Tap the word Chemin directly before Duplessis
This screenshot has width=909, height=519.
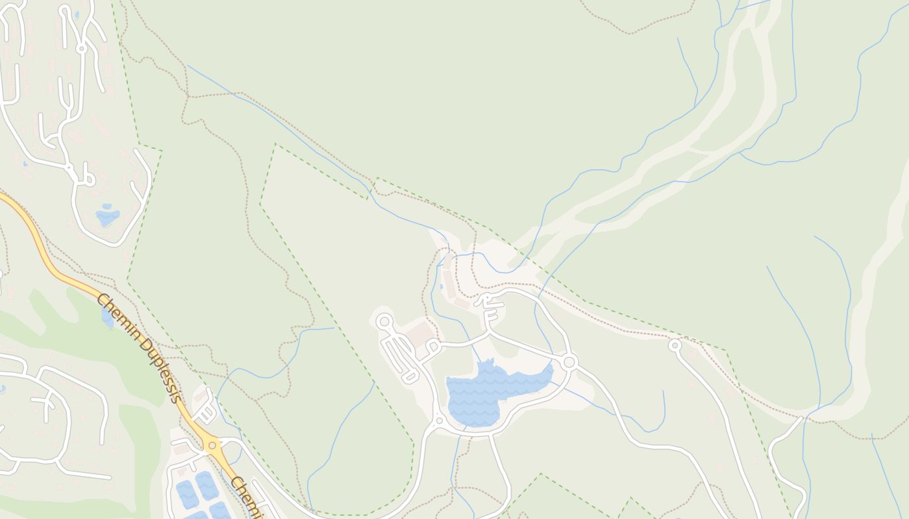117,317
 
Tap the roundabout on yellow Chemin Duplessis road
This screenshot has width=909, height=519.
211,445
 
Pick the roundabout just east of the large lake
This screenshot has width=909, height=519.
569,361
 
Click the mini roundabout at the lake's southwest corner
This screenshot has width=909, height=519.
439,421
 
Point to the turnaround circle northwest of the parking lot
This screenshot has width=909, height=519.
384,320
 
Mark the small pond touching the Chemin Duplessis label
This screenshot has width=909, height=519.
107,318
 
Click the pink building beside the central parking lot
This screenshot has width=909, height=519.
421,333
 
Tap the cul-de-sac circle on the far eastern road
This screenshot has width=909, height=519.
675,346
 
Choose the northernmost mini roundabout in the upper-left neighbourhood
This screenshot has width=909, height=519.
81,48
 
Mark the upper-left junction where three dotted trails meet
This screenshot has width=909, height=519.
188,96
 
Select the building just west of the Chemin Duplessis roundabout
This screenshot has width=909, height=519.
182,449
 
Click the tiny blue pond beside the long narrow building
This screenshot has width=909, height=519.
442,286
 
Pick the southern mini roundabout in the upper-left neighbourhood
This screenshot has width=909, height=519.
68,167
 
